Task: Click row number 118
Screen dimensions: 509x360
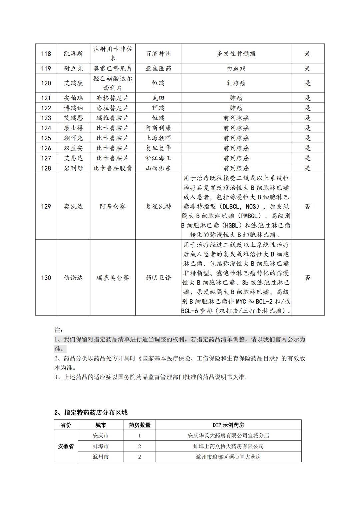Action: [46, 53]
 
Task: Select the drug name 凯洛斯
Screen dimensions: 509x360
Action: [73, 53]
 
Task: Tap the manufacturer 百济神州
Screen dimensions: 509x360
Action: [158, 53]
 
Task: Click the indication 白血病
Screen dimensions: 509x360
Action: [236, 68]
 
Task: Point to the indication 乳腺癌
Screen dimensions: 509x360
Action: [236, 83]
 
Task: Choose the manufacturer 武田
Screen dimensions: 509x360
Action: [158, 98]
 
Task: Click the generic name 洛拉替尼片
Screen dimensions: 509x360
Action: [113, 108]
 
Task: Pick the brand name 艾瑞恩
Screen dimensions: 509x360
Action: [73, 118]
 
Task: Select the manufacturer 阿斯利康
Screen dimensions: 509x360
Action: [158, 128]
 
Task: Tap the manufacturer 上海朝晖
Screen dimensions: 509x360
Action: [158, 138]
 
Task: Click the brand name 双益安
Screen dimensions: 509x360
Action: [73, 148]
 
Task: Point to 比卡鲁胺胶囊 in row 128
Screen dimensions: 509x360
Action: [113, 168]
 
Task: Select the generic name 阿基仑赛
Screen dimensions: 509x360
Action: [113, 206]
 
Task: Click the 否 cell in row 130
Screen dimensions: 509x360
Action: [307, 278]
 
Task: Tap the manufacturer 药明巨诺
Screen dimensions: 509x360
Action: [158, 278]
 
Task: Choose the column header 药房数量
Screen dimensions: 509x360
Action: [139, 425]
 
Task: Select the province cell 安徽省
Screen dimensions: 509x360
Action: [66, 446]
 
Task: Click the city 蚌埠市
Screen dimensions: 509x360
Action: [101, 446]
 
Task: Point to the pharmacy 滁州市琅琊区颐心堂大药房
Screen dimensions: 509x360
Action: [228, 457]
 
